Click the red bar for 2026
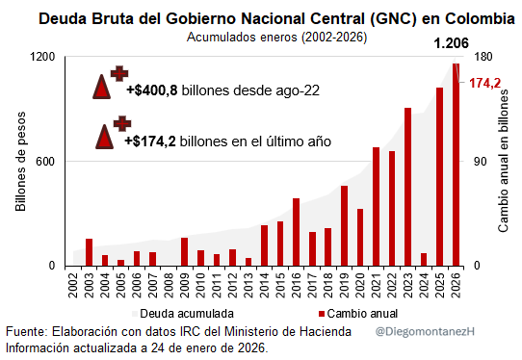(456, 165)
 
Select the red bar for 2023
(408, 187)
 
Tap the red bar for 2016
(297, 232)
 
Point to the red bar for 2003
(90, 252)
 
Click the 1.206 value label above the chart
(453, 43)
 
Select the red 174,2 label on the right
(484, 84)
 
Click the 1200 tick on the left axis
(43, 57)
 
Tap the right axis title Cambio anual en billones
(503, 161)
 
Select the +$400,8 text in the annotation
(153, 90)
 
